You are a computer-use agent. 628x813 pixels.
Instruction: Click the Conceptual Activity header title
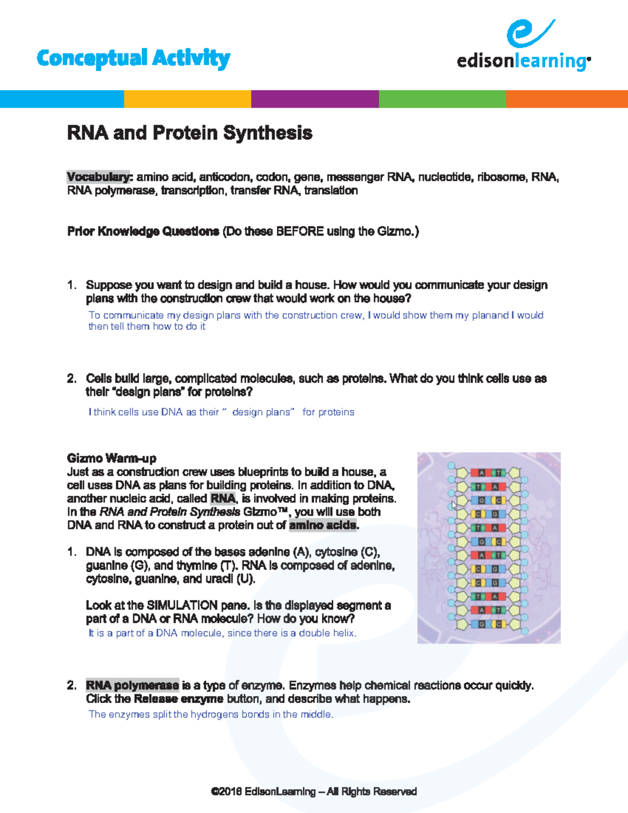(133, 58)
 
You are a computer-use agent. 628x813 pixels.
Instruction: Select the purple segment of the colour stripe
(315, 99)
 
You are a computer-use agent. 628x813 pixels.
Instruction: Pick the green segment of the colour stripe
(442, 99)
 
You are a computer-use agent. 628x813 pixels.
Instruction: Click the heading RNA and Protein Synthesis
(189, 133)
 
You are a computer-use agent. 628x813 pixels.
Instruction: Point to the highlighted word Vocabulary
(98, 177)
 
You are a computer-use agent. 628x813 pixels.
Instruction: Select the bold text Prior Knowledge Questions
(143, 231)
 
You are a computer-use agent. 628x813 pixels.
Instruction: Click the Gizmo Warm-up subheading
(111, 459)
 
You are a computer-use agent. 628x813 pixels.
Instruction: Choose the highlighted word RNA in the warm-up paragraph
(222, 498)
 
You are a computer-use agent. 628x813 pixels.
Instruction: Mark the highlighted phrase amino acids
(323, 525)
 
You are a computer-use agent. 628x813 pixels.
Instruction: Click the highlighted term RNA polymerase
(132, 685)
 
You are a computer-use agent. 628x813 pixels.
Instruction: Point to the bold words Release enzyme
(178, 699)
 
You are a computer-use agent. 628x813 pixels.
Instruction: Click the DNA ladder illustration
(489, 548)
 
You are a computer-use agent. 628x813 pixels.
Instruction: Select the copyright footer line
(314, 792)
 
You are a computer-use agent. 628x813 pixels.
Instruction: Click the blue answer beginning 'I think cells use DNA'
(221, 413)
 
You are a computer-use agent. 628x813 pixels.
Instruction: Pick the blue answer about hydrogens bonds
(211, 715)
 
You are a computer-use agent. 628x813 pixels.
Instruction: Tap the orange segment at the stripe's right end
(567, 99)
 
